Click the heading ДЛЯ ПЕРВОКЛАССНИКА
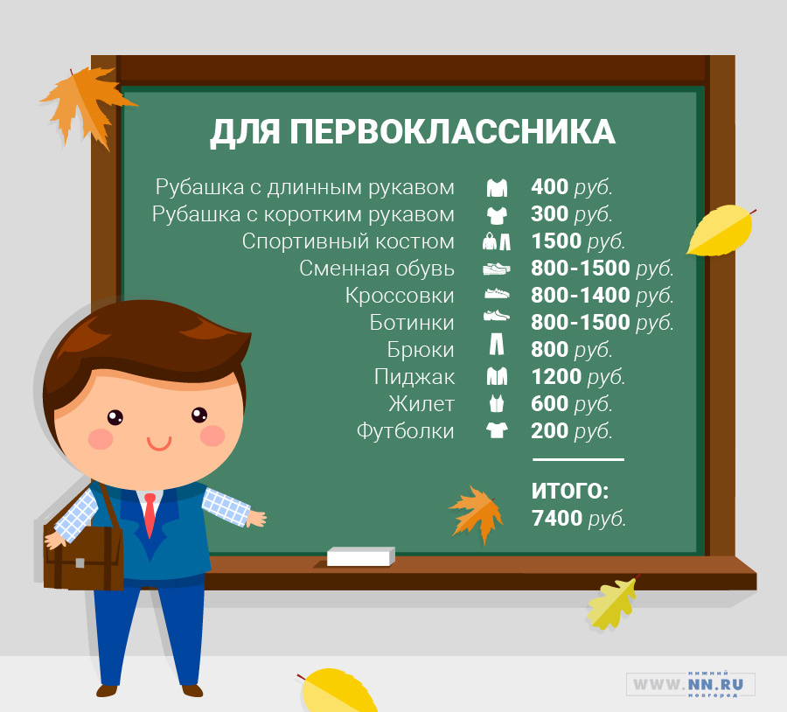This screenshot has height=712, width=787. [413, 133]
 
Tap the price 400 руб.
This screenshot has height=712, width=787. [572, 187]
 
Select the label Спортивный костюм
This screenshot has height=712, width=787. [348, 241]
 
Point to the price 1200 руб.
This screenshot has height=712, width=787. [578, 377]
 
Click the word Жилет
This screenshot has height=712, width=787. [421, 404]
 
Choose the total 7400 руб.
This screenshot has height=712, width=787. [579, 518]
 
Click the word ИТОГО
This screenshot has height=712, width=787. [569, 491]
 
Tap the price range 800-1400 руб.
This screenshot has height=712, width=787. [602, 296]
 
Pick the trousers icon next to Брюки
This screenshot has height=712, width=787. [497, 345]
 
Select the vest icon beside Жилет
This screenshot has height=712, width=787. [497, 404]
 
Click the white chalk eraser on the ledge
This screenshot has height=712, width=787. [361, 556]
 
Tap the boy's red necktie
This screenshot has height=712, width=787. [150, 514]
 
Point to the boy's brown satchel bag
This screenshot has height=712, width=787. [83, 557]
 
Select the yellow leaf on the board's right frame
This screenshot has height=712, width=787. [721, 229]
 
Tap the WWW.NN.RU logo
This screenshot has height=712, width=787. [691, 684]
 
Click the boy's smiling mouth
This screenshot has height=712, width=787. [159, 443]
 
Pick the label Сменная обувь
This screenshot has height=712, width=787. [377, 269]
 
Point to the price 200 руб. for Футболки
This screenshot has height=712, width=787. [572, 431]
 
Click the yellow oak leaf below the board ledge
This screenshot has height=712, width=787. [613, 603]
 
